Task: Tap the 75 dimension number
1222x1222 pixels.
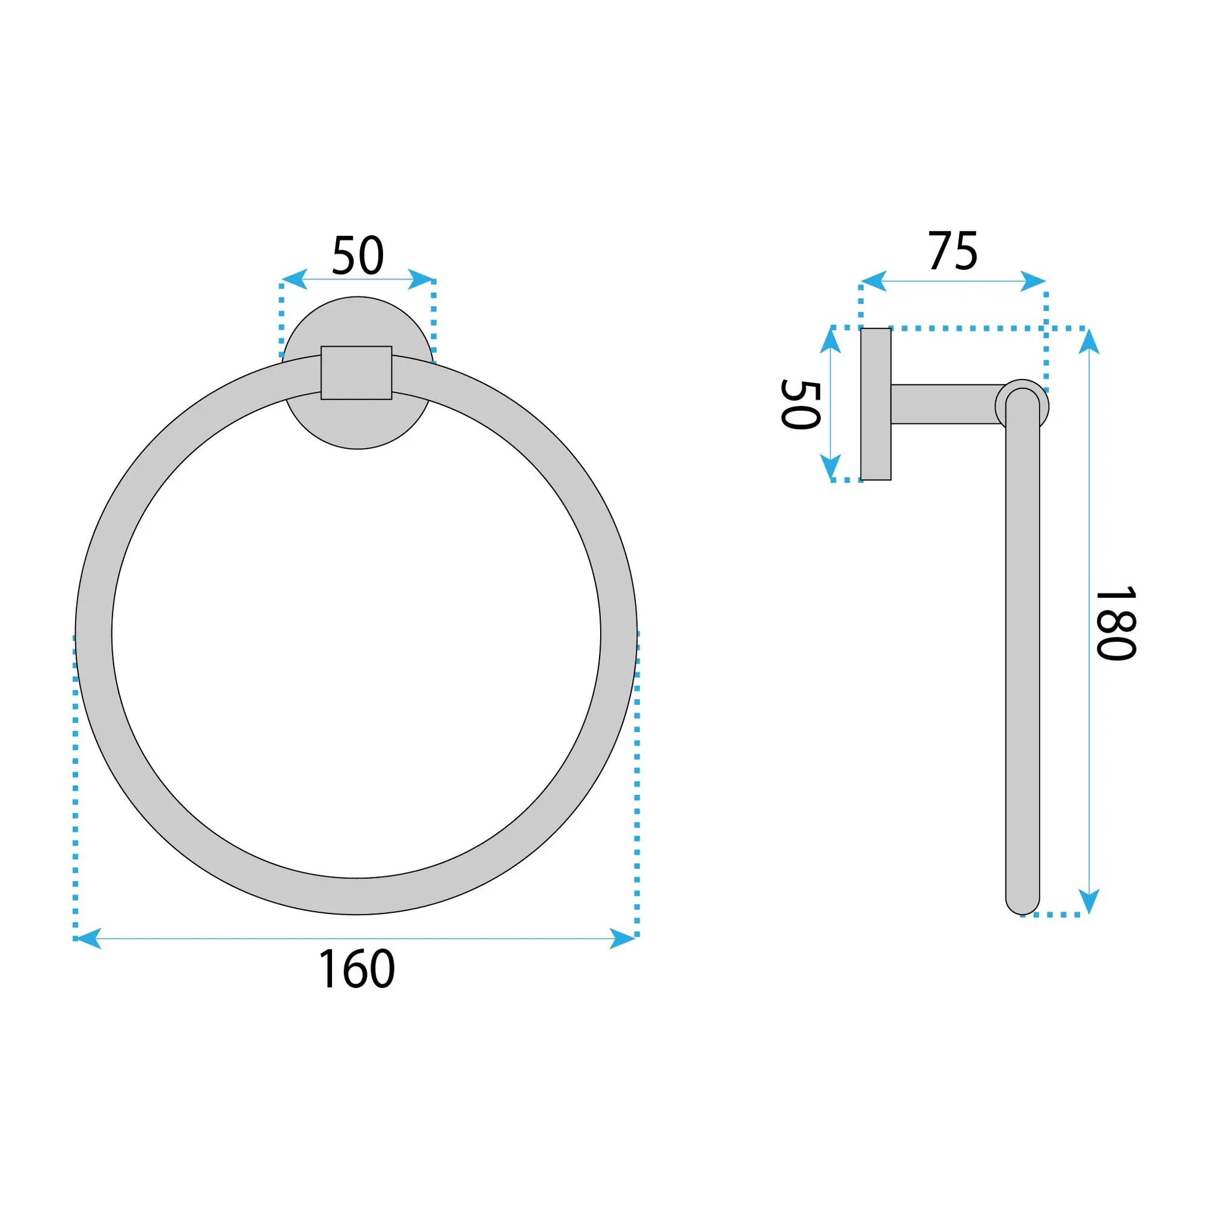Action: (x=953, y=251)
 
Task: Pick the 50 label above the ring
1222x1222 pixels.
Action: (x=358, y=256)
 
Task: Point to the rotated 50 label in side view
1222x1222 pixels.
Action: (x=801, y=405)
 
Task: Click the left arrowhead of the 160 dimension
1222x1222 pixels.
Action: (x=87, y=938)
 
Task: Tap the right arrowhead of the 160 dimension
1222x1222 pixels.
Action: (x=623, y=938)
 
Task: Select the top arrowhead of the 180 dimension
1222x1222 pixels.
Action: (x=1088, y=341)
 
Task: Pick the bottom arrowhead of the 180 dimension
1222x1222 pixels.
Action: (x=1088, y=901)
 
